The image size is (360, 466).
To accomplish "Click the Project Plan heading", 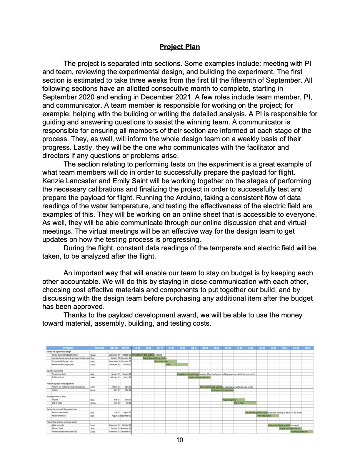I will coord(179,47).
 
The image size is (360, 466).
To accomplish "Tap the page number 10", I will coord(179,440).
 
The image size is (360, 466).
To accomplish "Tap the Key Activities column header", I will coord(68,348).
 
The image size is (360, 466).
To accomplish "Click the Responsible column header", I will coord(99,348).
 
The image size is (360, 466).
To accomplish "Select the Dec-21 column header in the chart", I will coord(307,348).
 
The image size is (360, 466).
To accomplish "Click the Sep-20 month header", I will coord(137,348).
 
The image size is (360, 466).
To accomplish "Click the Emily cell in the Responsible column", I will coord(93,387).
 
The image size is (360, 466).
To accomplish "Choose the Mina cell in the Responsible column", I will coord(92,400).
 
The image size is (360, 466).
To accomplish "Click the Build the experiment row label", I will coord(55,371).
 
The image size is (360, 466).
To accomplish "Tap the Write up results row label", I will coord(58,425).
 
